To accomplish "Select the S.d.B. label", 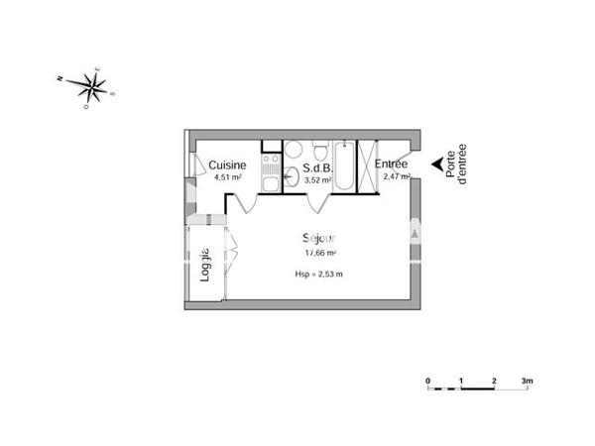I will tap(317, 167).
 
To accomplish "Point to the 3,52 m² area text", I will tap(317, 179).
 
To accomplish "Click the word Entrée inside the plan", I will tap(391, 165).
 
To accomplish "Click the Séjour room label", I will tap(320, 239).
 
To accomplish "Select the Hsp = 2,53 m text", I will tap(319, 274).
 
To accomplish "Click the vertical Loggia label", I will tap(205, 265).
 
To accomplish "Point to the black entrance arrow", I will tap(436, 166).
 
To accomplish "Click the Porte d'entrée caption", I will tap(457, 165).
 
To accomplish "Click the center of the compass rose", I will tap(92, 86).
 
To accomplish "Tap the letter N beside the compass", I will tap(61, 76).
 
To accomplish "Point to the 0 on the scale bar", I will tap(427, 381).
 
